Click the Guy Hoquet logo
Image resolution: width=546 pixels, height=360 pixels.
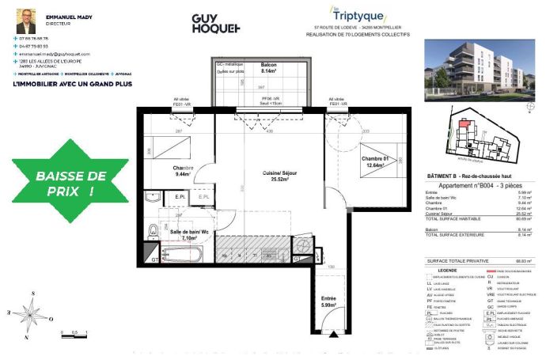click(216, 24)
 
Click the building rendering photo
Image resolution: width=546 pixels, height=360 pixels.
click(480, 71)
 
